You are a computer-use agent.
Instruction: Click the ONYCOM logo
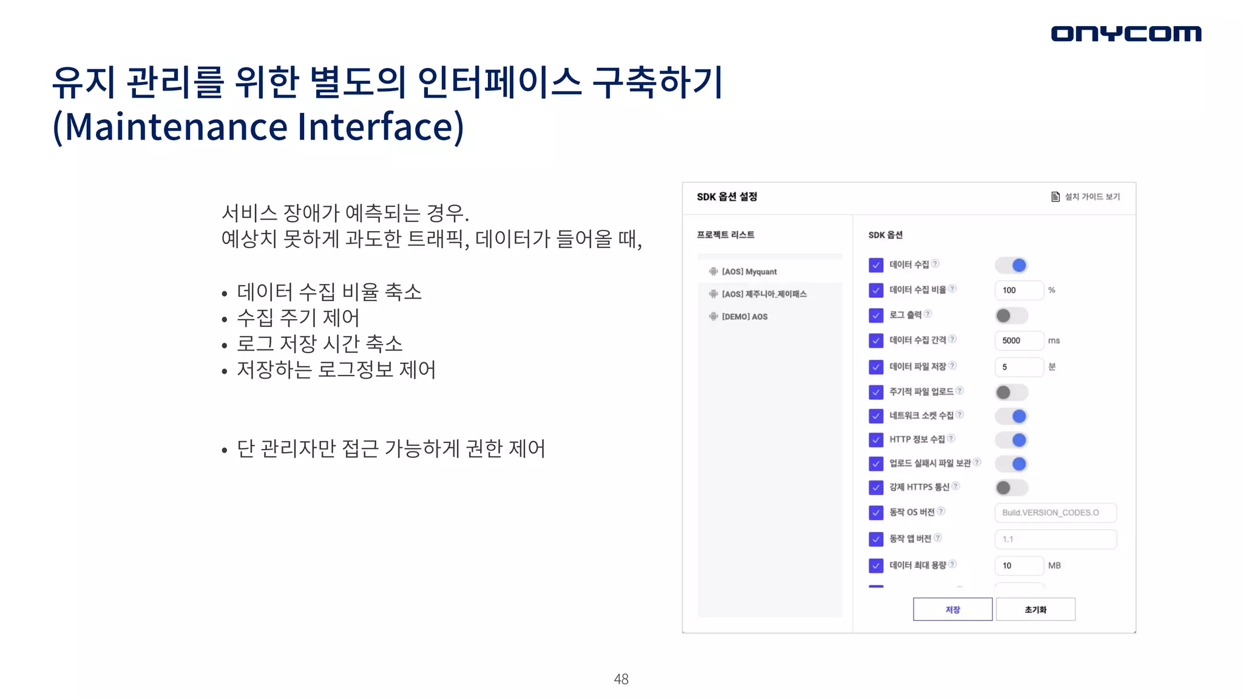(x=1126, y=33)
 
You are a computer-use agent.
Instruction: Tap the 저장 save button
(x=952, y=609)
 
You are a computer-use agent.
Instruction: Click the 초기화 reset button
(x=1035, y=609)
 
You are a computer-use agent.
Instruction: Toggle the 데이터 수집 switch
(x=1012, y=265)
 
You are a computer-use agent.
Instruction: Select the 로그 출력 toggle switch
(x=1012, y=316)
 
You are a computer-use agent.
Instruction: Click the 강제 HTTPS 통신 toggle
(x=1012, y=487)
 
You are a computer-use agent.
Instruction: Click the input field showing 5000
(x=1019, y=340)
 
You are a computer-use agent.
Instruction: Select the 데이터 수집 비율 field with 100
(x=1019, y=290)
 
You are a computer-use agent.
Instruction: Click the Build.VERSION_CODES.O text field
(x=1055, y=513)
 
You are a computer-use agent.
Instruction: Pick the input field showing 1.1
(x=1055, y=539)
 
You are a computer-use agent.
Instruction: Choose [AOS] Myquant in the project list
(x=749, y=272)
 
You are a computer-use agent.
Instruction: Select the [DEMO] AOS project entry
(x=744, y=317)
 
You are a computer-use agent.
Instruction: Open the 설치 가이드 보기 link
(x=1086, y=197)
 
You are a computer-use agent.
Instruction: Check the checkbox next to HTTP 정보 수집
(x=876, y=440)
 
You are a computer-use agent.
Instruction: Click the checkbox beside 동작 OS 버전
(x=876, y=513)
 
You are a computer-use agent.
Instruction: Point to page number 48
(x=621, y=679)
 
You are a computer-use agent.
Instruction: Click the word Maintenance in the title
(x=177, y=127)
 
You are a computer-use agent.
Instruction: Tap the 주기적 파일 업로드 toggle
(x=1012, y=393)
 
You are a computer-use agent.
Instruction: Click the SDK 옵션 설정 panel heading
(x=726, y=197)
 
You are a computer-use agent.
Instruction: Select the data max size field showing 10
(x=1019, y=566)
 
